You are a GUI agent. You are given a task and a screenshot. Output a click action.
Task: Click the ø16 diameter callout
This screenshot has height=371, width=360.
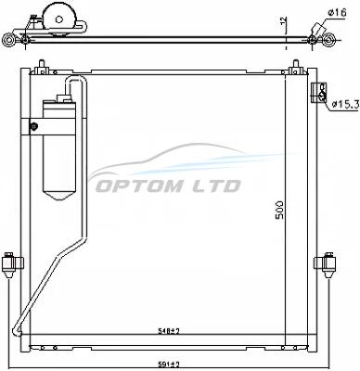(x=337, y=13)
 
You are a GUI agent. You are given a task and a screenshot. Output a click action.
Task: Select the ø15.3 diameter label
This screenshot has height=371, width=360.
(x=345, y=105)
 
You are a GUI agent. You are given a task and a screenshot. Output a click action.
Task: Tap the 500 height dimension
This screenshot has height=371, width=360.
(x=279, y=210)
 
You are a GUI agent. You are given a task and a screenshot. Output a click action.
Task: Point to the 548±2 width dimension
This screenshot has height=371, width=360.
(x=169, y=331)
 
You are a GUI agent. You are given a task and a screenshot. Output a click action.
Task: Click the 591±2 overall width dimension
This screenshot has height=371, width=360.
(x=169, y=365)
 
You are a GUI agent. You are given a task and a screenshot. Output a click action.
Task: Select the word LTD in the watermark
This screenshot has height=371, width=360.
(x=217, y=186)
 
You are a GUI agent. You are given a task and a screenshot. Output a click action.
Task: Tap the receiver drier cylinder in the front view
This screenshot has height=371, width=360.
(x=59, y=149)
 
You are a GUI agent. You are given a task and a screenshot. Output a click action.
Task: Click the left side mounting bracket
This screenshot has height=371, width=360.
(x=12, y=264)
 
